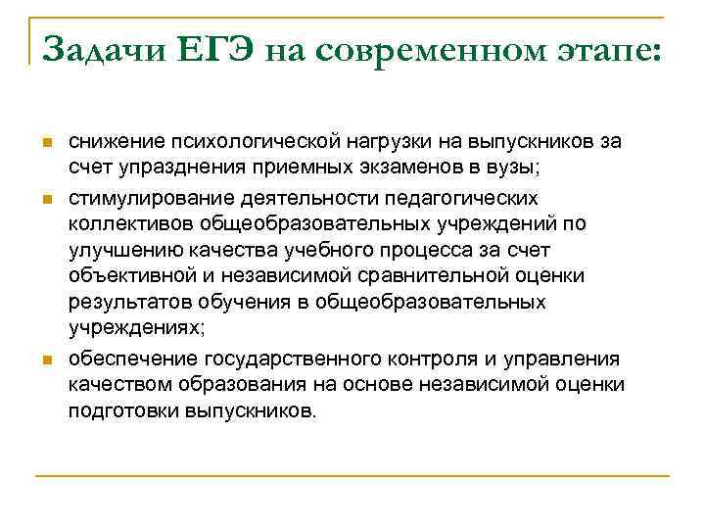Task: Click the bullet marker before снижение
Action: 45,143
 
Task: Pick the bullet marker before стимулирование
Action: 45,199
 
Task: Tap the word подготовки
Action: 122,409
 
